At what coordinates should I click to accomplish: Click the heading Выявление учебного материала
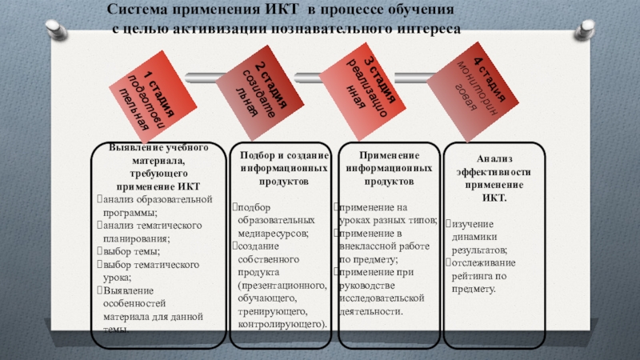tap(147, 150)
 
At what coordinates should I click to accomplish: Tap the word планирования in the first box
tap(134, 238)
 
